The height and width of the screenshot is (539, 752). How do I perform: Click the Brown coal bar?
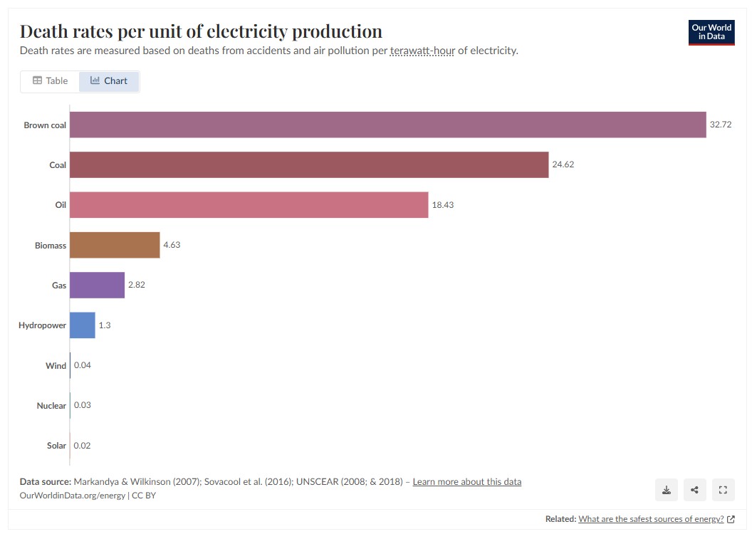point(387,125)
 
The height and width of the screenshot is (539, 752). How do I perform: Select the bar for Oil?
point(249,205)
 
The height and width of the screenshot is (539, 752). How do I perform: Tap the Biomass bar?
point(115,245)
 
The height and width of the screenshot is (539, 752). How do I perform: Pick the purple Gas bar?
point(97,285)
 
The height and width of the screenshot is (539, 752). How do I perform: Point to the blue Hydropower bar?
point(82,325)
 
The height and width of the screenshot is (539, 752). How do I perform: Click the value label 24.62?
point(563,164)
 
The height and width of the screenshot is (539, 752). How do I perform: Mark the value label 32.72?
point(721,125)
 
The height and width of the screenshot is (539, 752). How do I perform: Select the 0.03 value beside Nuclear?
point(82,405)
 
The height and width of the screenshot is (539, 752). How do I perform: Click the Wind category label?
point(56,366)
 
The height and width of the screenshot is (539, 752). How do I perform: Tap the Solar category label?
point(56,446)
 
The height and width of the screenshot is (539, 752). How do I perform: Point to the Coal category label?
point(58,165)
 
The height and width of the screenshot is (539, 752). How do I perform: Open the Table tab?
point(50,81)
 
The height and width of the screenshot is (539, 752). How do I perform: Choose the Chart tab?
point(109,81)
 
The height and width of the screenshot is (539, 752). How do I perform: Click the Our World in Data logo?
point(711,33)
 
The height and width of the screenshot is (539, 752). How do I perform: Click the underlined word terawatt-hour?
point(422,51)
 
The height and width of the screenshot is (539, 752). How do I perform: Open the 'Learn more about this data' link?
point(466,482)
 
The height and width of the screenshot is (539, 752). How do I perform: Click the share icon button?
point(694,490)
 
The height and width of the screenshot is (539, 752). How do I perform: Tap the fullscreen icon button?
point(722,490)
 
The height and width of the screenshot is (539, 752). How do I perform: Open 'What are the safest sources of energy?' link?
point(651,519)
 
